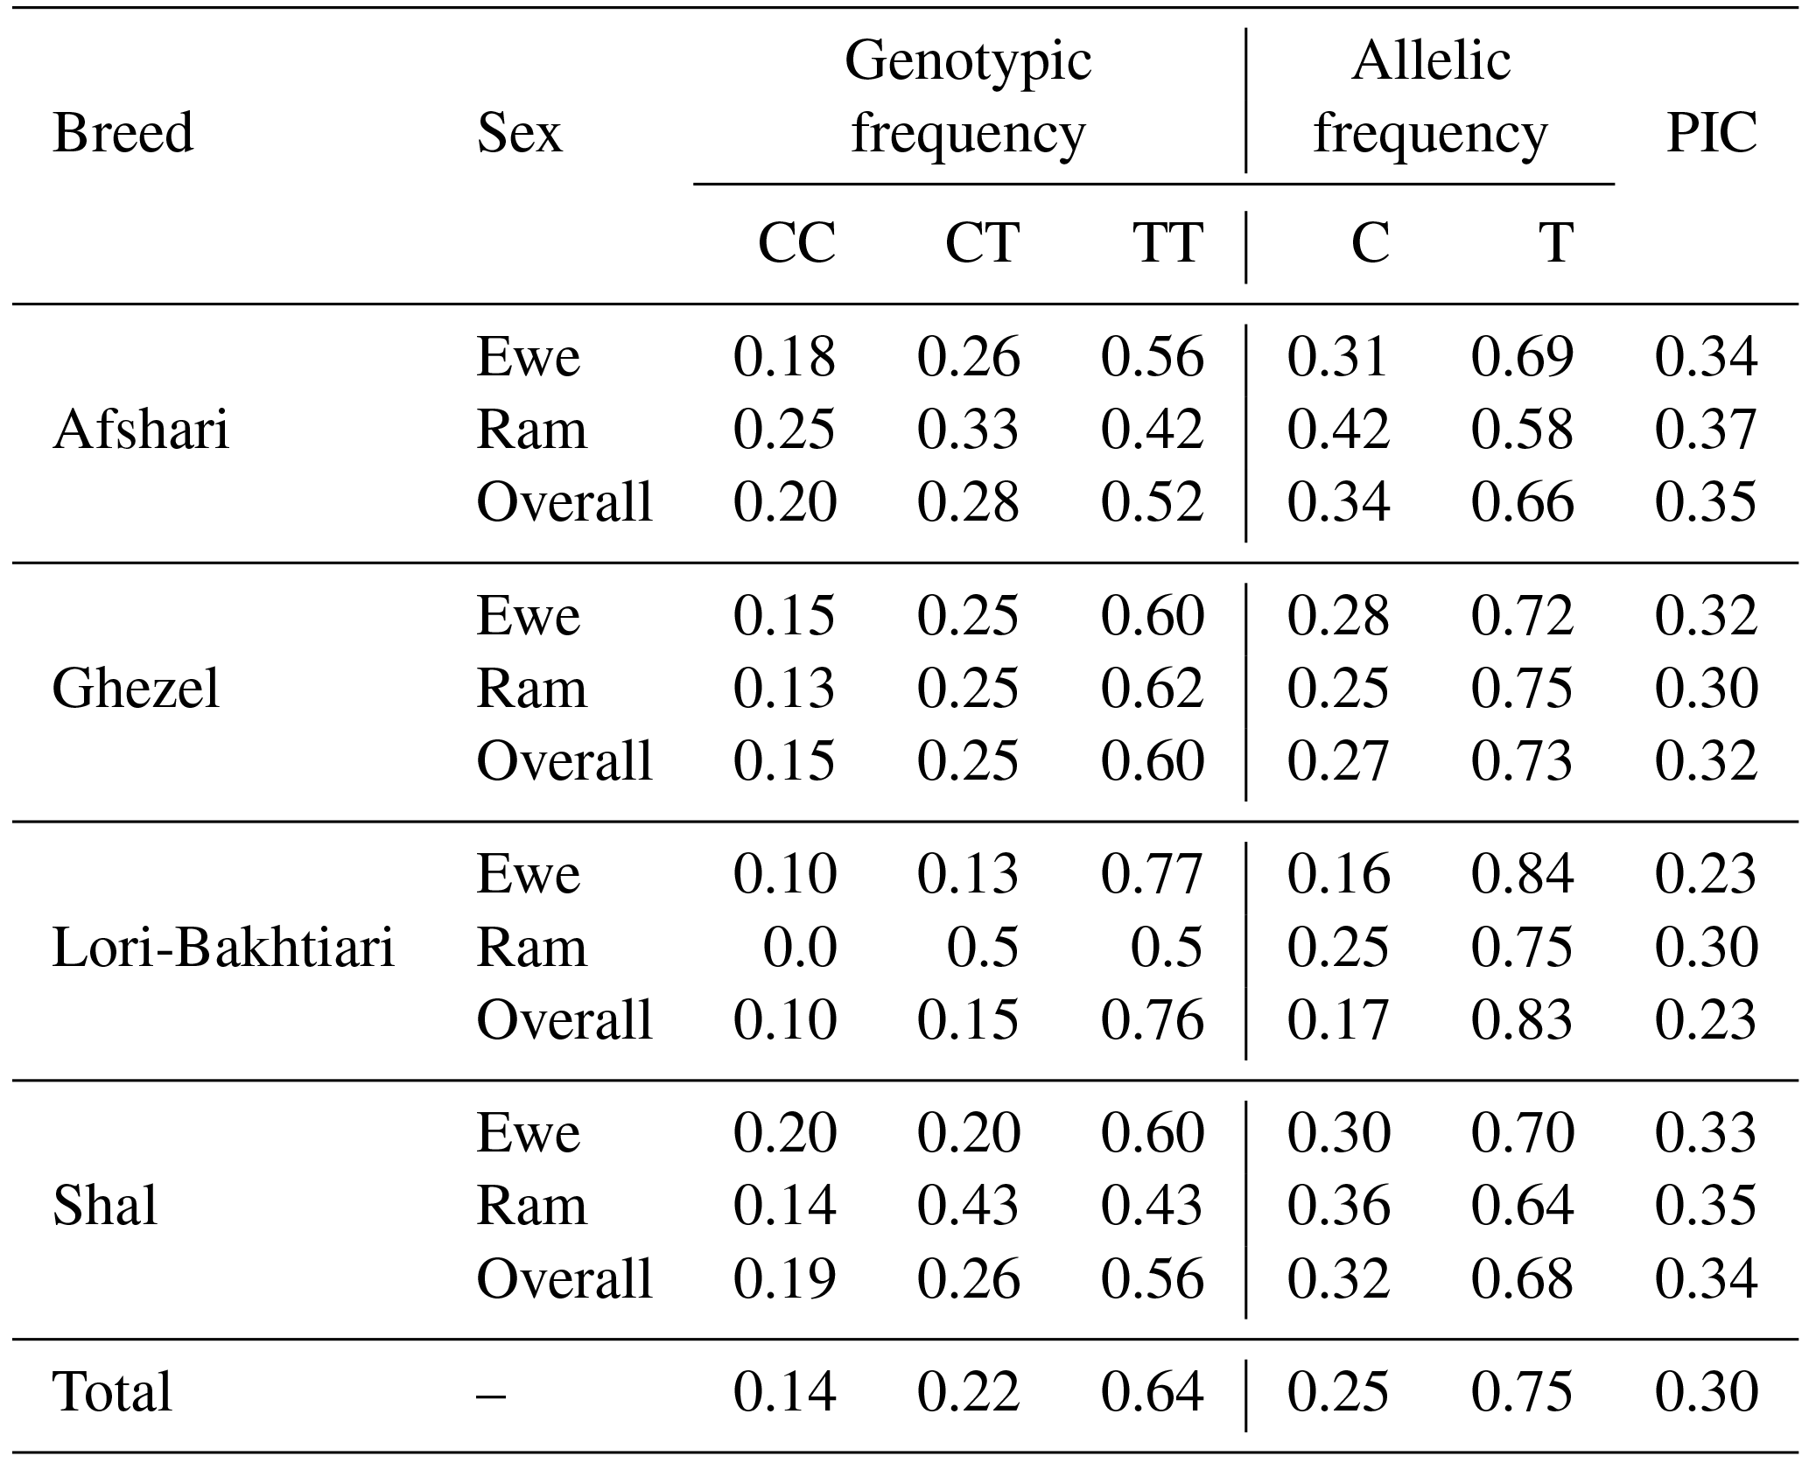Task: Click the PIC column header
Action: point(1711,134)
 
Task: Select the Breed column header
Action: point(123,134)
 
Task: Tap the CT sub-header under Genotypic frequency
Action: point(982,242)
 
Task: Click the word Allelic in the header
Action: point(1431,60)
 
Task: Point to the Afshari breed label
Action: point(141,430)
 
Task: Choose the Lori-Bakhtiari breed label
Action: point(223,948)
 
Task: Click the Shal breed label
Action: point(105,1206)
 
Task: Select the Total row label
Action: point(112,1392)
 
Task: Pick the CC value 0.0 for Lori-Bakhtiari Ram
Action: point(800,948)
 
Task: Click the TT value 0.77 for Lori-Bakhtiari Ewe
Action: point(1152,874)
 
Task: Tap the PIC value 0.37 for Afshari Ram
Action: point(1706,430)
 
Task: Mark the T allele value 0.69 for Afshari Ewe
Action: point(1522,357)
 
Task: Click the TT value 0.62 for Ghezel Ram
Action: point(1152,689)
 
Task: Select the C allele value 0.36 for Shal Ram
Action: point(1338,1206)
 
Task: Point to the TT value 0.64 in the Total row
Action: point(1152,1392)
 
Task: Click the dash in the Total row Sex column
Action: point(491,1392)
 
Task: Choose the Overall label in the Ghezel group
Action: point(564,760)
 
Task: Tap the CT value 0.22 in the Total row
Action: point(968,1392)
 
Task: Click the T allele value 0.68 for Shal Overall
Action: point(1522,1278)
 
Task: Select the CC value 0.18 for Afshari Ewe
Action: point(784,357)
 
